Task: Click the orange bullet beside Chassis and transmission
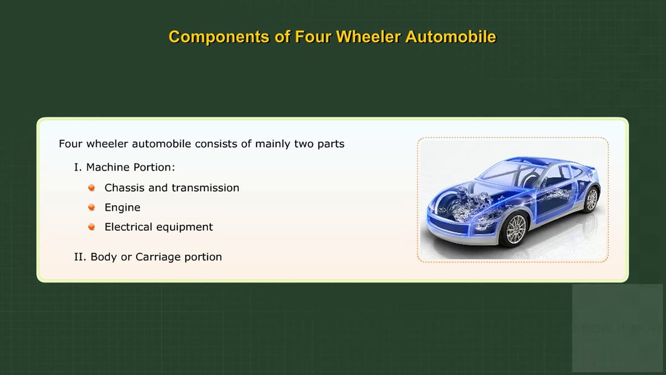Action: click(x=92, y=187)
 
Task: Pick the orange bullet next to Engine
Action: click(x=92, y=207)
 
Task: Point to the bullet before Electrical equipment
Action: click(x=92, y=227)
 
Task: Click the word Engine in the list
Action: click(x=122, y=208)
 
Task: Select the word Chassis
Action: click(x=124, y=187)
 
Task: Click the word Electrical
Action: click(x=128, y=227)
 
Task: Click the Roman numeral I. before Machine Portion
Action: click(x=78, y=167)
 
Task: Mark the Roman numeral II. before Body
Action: click(x=80, y=257)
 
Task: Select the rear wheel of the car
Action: click(x=592, y=199)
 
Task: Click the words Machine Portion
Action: click(x=130, y=167)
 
